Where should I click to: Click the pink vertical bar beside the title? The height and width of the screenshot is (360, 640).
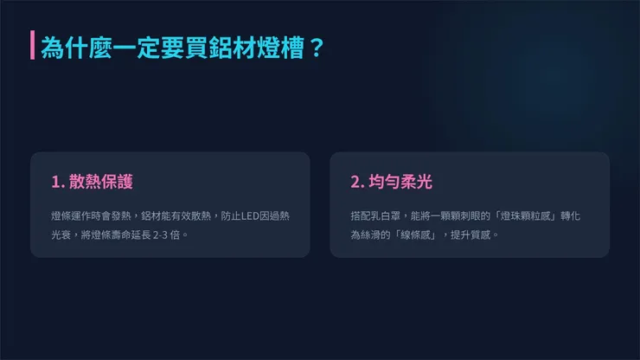(x=32, y=46)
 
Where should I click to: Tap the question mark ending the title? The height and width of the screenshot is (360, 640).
(x=316, y=46)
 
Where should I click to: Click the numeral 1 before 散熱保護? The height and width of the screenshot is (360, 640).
(x=55, y=183)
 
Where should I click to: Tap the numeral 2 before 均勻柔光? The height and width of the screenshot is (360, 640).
(x=355, y=183)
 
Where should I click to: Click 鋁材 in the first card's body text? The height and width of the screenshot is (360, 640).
(x=150, y=215)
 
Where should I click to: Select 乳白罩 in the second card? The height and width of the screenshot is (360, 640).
(x=385, y=215)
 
